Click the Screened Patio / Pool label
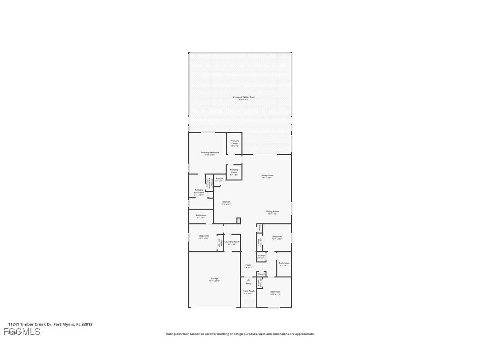point(244,97)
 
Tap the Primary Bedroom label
point(210,153)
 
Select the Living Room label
point(267,176)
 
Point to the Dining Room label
point(272,211)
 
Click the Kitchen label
point(226,202)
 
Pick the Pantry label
point(219,178)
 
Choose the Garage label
point(214,279)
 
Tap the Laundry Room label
point(232,242)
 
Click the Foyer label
point(248,265)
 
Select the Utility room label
point(261,256)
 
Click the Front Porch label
point(249,291)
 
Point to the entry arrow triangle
point(248,280)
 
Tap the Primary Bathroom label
point(199,191)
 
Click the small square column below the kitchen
point(239,220)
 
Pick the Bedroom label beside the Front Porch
point(275,292)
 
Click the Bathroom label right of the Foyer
point(284,264)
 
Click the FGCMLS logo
point(22,331)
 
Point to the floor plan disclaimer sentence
point(240,334)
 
